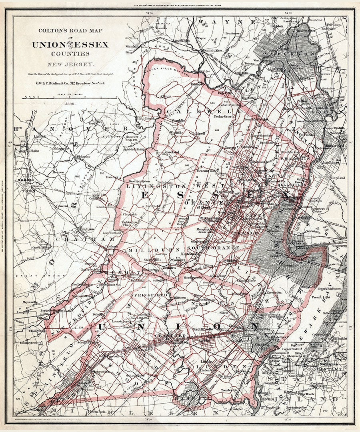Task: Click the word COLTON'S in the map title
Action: (50, 31)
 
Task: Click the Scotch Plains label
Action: (88, 341)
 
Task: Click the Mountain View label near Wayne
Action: (212, 51)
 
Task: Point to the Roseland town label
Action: (171, 152)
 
